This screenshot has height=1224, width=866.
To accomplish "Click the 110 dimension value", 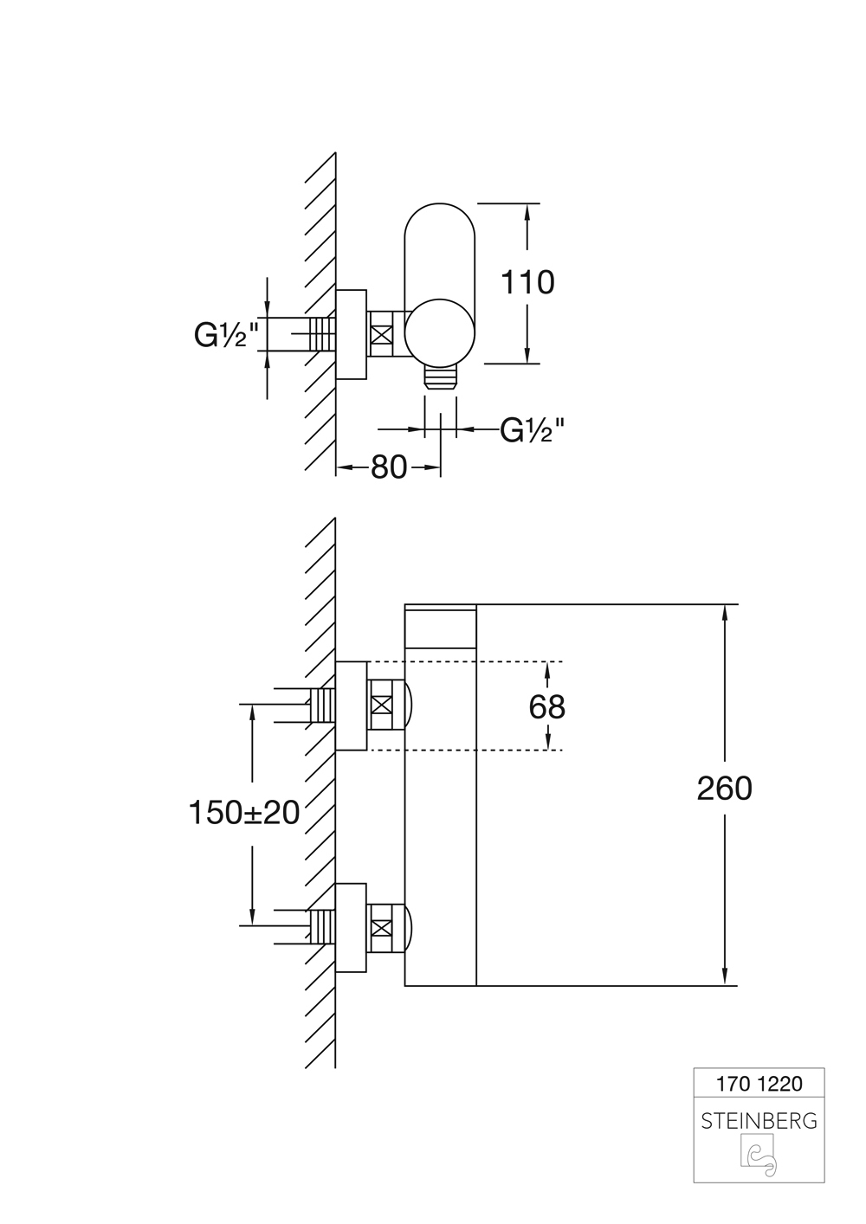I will pos(528,282).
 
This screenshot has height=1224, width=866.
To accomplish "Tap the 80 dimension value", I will pos(389,467).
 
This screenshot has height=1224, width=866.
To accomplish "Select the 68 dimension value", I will pos(546,706).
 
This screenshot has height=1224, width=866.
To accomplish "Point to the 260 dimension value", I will pos(725,788).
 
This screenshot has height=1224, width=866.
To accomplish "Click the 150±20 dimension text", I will pos(243,812).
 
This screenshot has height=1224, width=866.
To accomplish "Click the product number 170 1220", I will pos(759,1083).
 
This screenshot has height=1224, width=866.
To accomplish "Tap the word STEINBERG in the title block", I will pos(759,1121).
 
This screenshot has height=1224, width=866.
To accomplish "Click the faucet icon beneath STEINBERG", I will pos(759,1158).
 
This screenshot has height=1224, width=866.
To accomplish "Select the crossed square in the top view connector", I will pos(382,334).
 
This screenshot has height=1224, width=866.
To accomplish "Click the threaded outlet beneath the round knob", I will pos(441,379).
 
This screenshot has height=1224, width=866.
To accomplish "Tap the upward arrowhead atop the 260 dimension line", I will pos(726,610).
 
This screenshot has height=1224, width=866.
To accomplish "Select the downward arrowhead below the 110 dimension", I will pos(527,356).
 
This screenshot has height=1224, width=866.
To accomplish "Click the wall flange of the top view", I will pos(352,334).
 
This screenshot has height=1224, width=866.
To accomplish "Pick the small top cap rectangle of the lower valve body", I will pos(441,626).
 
